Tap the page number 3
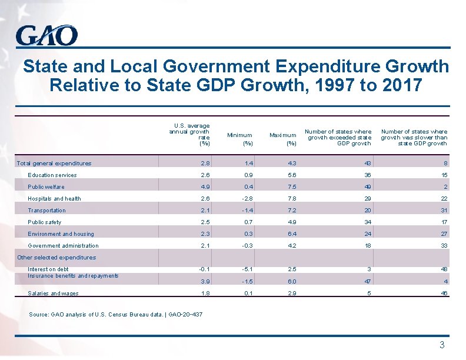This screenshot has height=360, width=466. pos(442,345)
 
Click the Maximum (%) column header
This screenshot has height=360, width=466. pos(282,139)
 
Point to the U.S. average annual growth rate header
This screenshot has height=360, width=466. pos(189,134)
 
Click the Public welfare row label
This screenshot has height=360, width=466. pos(46,187)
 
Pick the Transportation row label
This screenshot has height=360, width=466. pos(47,211)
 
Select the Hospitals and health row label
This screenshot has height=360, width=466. pos(55,199)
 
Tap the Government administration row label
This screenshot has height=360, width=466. pos(64,246)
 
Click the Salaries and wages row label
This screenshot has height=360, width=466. pos(54,294)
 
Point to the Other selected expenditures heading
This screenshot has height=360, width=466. pos(56,258)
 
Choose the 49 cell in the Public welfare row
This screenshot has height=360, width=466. pos(368,187)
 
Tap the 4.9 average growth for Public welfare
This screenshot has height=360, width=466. pos(204,187)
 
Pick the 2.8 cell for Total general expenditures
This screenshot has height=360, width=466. pos(204,164)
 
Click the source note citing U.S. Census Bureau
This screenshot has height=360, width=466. pos(115,315)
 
